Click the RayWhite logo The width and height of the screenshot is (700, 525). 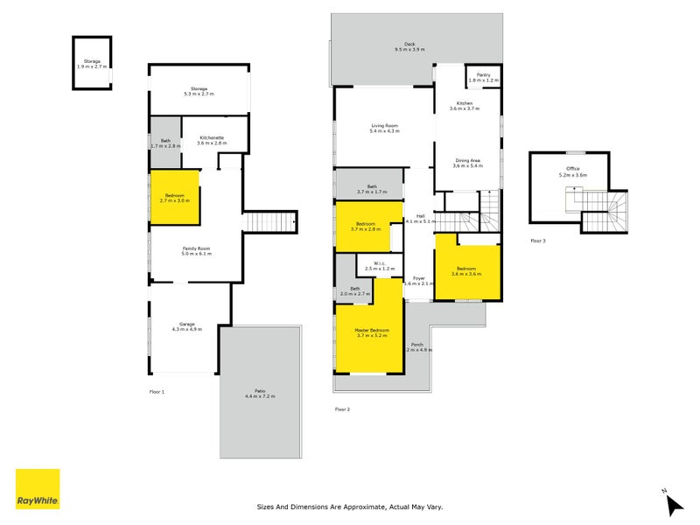pos(38,489)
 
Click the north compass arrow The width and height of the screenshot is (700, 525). pos(672,503)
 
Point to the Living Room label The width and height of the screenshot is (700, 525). pos(384,128)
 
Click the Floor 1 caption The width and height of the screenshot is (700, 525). pos(157,391)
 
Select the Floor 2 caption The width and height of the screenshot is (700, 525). pos(342,409)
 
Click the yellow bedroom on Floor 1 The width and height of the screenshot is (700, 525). pos(175,198)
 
